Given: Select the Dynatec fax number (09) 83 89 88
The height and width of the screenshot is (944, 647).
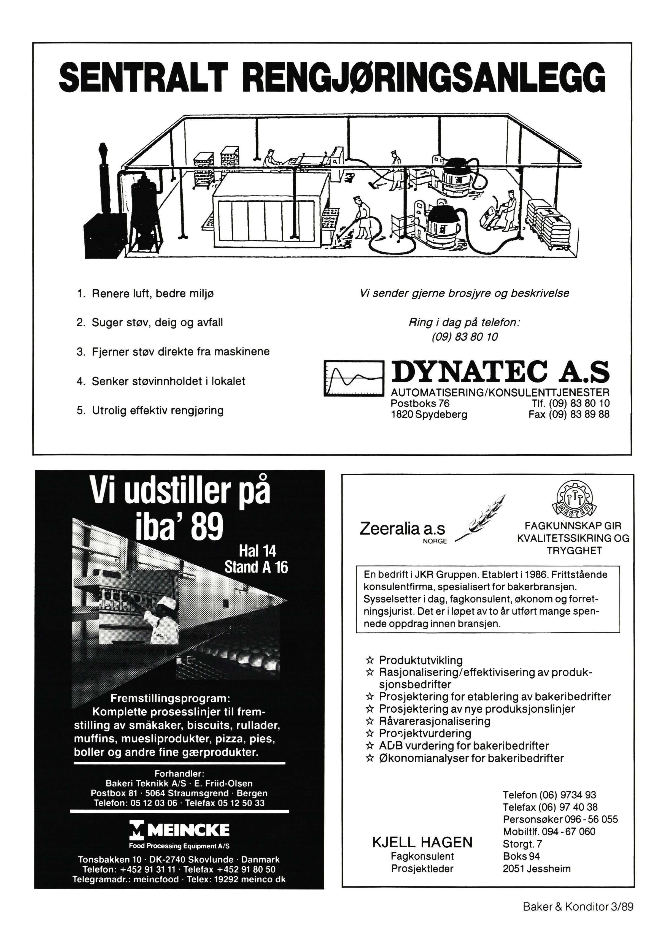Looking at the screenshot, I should pyautogui.click(x=569, y=414).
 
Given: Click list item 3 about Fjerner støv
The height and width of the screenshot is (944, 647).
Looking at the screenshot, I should pyautogui.click(x=173, y=351).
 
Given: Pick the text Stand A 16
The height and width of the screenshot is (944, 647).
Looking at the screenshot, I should pyautogui.click(x=256, y=567).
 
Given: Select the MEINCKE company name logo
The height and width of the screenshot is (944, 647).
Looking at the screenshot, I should pyautogui.click(x=179, y=829).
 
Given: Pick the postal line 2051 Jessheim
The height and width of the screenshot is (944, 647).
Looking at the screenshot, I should pyautogui.click(x=537, y=869).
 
